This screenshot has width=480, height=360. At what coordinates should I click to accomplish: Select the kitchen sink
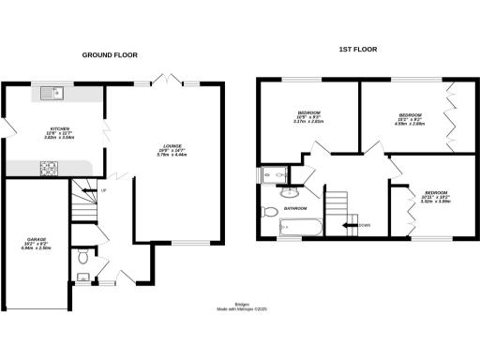50,92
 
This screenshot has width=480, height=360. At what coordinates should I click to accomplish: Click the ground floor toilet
82,254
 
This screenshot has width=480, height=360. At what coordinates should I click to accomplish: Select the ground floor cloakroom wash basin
82,277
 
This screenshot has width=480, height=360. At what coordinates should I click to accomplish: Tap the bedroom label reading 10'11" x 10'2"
437,195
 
